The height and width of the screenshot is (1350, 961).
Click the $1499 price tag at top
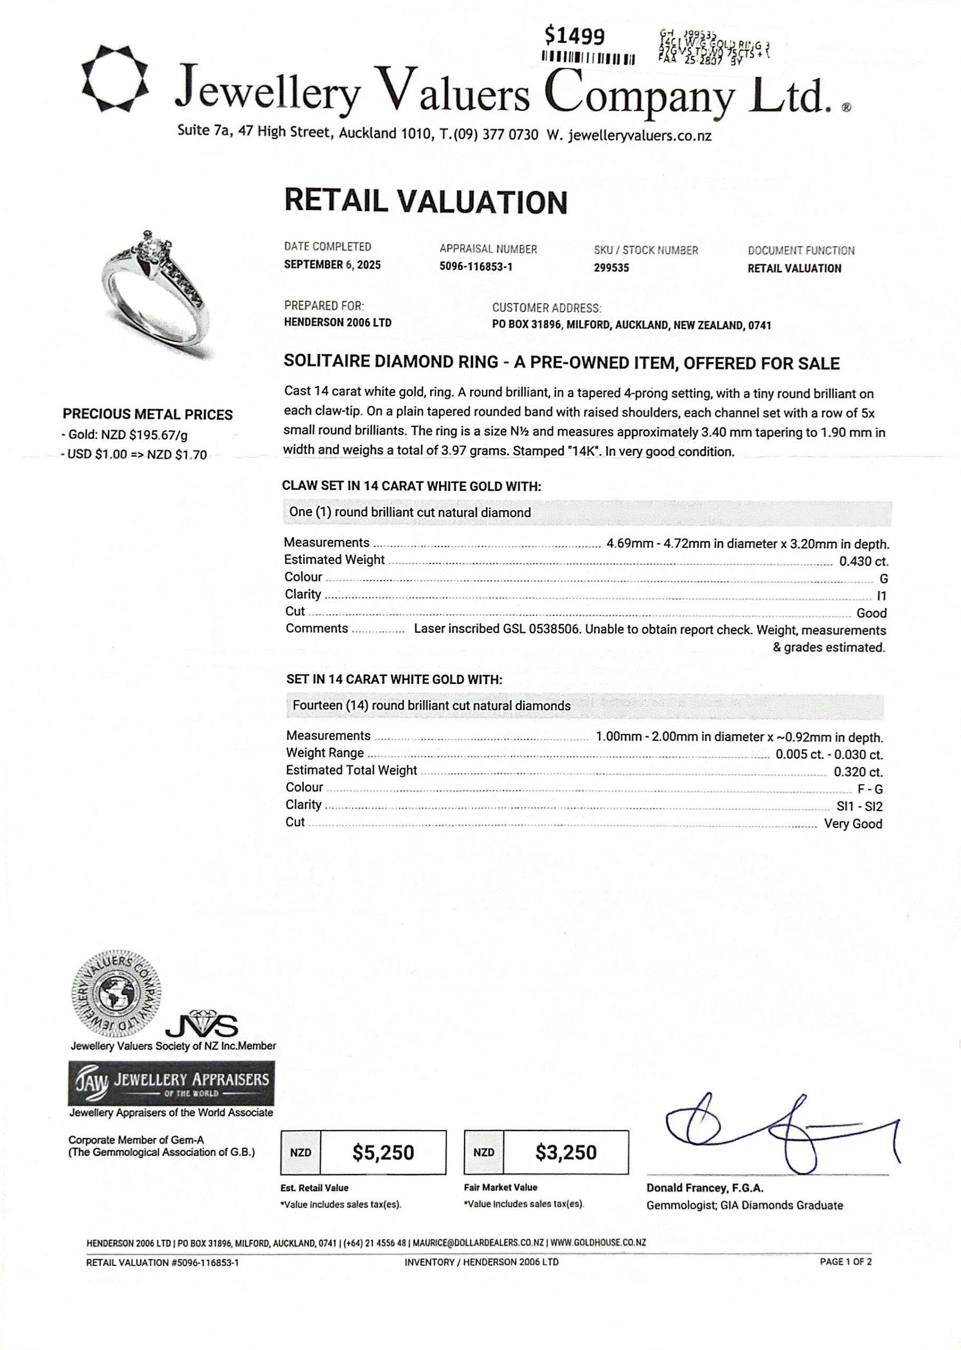click(574, 37)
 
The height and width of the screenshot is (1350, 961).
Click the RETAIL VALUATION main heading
click(426, 202)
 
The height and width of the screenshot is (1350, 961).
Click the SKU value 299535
click(611, 268)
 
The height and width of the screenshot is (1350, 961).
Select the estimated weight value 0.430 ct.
click(863, 562)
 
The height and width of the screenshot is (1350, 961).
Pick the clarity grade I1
click(881, 596)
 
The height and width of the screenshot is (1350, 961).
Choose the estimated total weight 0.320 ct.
click(858, 772)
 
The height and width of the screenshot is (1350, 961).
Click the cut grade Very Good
click(853, 824)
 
